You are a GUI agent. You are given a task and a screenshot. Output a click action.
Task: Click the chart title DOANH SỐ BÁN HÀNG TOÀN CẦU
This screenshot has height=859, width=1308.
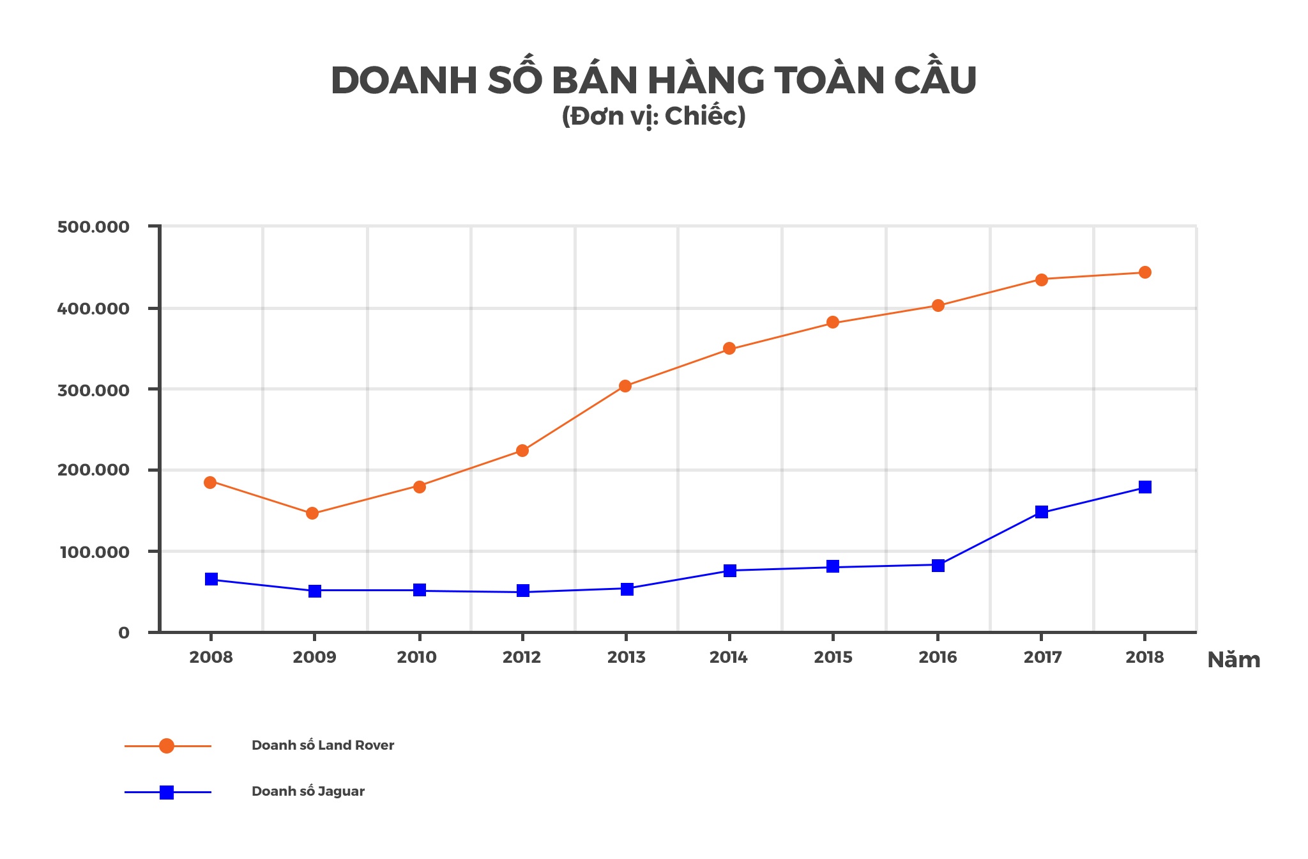click(x=653, y=81)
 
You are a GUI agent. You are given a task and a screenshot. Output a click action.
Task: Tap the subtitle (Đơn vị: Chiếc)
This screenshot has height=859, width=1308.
click(x=653, y=117)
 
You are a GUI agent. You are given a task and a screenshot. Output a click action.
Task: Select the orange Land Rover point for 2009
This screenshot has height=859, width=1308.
click(x=312, y=513)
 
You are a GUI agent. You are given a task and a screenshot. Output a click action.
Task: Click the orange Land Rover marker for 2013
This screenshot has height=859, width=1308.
click(x=625, y=386)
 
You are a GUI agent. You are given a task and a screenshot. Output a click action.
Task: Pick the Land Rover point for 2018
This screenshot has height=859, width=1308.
click(x=1145, y=272)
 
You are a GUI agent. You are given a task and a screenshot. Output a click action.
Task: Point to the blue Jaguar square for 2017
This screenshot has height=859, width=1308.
click(x=1042, y=512)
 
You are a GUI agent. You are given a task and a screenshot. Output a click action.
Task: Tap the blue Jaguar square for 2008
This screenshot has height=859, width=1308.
click(x=211, y=579)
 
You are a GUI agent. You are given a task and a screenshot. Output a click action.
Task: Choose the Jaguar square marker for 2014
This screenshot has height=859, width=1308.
click(x=730, y=571)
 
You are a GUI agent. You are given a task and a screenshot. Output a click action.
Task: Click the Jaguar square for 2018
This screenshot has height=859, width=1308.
click(x=1145, y=487)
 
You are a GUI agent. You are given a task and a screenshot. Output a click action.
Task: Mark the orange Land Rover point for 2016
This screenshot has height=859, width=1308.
click(x=938, y=306)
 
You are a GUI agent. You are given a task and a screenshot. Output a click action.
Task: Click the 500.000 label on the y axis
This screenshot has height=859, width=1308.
click(x=93, y=228)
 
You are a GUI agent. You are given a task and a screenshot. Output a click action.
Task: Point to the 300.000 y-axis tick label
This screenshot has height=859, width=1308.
click(x=93, y=391)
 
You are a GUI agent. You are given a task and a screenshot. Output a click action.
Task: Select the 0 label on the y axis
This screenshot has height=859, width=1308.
click(x=124, y=633)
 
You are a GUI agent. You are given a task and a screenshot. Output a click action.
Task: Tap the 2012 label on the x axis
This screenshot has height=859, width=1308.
click(x=522, y=658)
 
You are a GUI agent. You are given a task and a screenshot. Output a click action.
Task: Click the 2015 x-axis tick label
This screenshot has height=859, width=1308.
click(x=833, y=658)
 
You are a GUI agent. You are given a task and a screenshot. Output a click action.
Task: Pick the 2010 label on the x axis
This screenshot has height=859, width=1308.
click(x=417, y=658)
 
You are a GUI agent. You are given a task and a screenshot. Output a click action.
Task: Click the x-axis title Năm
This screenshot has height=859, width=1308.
click(x=1233, y=660)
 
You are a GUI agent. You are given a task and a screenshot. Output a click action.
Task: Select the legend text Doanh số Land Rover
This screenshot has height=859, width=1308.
click(x=323, y=745)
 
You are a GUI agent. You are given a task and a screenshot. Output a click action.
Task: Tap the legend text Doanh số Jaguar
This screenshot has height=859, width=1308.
click(x=308, y=791)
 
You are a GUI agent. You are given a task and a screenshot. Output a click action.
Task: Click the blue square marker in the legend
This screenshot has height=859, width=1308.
click(x=167, y=793)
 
